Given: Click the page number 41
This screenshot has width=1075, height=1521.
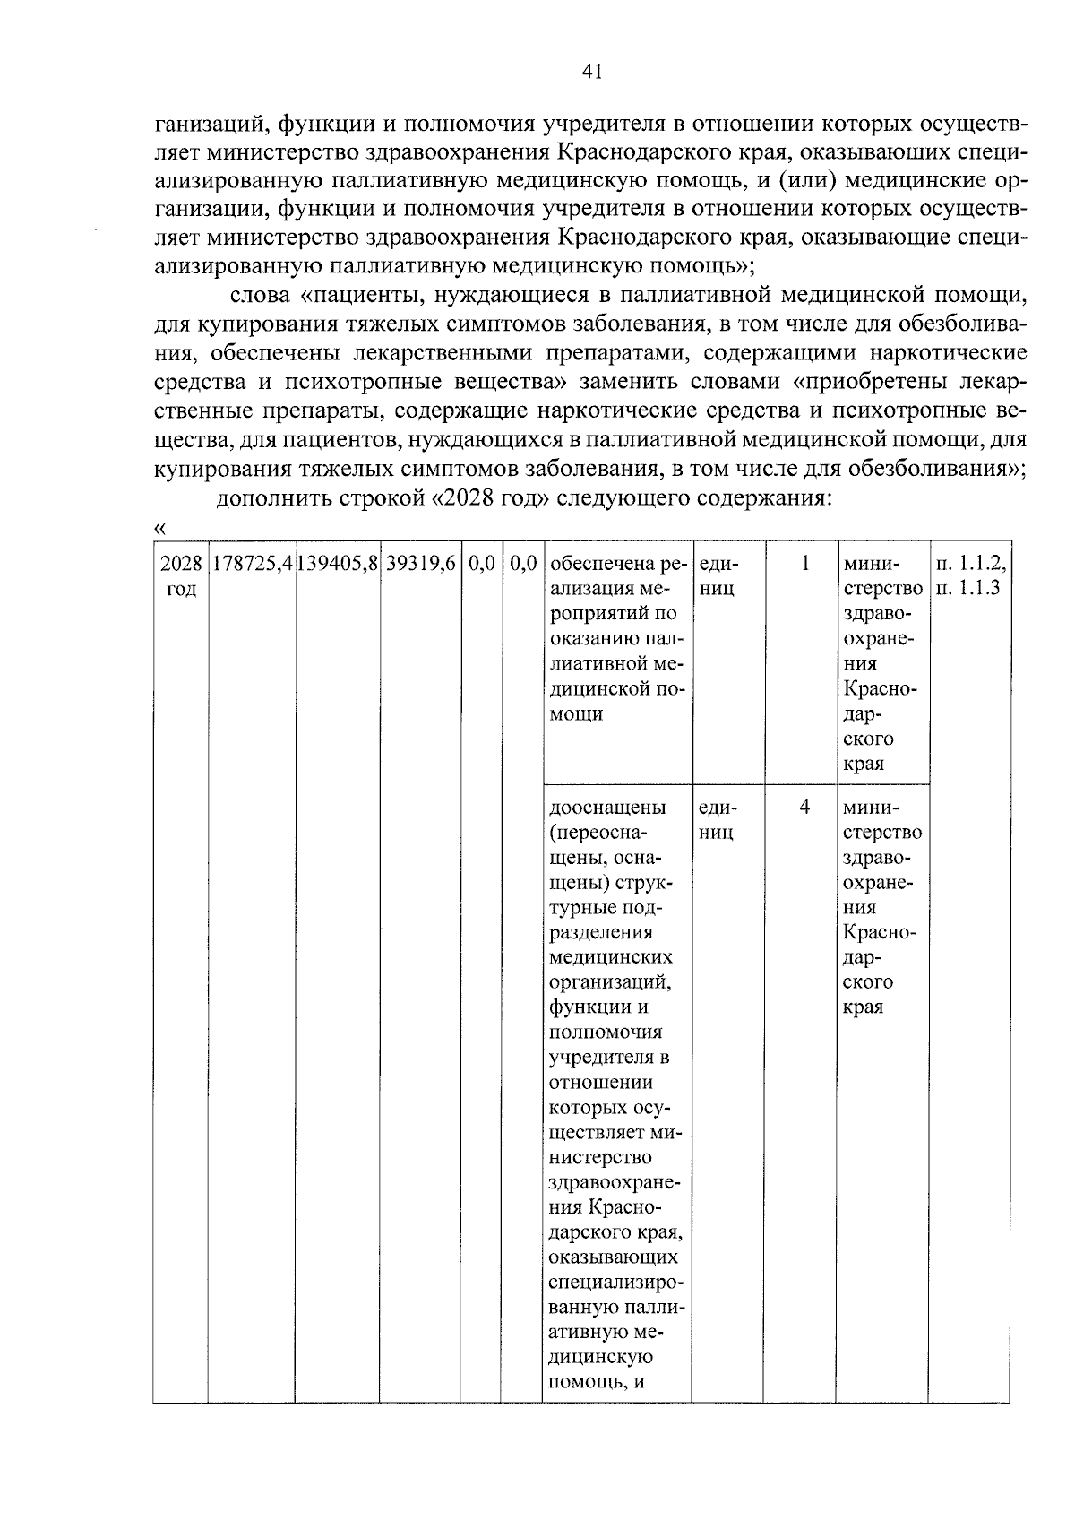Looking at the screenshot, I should (x=590, y=73).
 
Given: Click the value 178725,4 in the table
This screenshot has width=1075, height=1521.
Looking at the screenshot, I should (x=252, y=565).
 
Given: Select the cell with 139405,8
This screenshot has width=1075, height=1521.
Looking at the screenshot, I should (x=338, y=565).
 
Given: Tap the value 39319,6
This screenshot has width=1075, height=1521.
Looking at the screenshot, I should (x=419, y=565).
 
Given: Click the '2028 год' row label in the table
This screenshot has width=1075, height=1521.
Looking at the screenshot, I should (x=181, y=576).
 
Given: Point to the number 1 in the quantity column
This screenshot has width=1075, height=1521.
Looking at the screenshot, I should (x=804, y=564).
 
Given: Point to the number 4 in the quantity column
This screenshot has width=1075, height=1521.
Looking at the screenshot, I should (x=804, y=807).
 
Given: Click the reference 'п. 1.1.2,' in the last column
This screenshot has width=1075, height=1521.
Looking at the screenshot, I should (x=969, y=565).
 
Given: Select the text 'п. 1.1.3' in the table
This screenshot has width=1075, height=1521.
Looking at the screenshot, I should (x=967, y=590).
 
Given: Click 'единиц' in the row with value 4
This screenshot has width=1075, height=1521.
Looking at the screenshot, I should (x=717, y=819).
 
